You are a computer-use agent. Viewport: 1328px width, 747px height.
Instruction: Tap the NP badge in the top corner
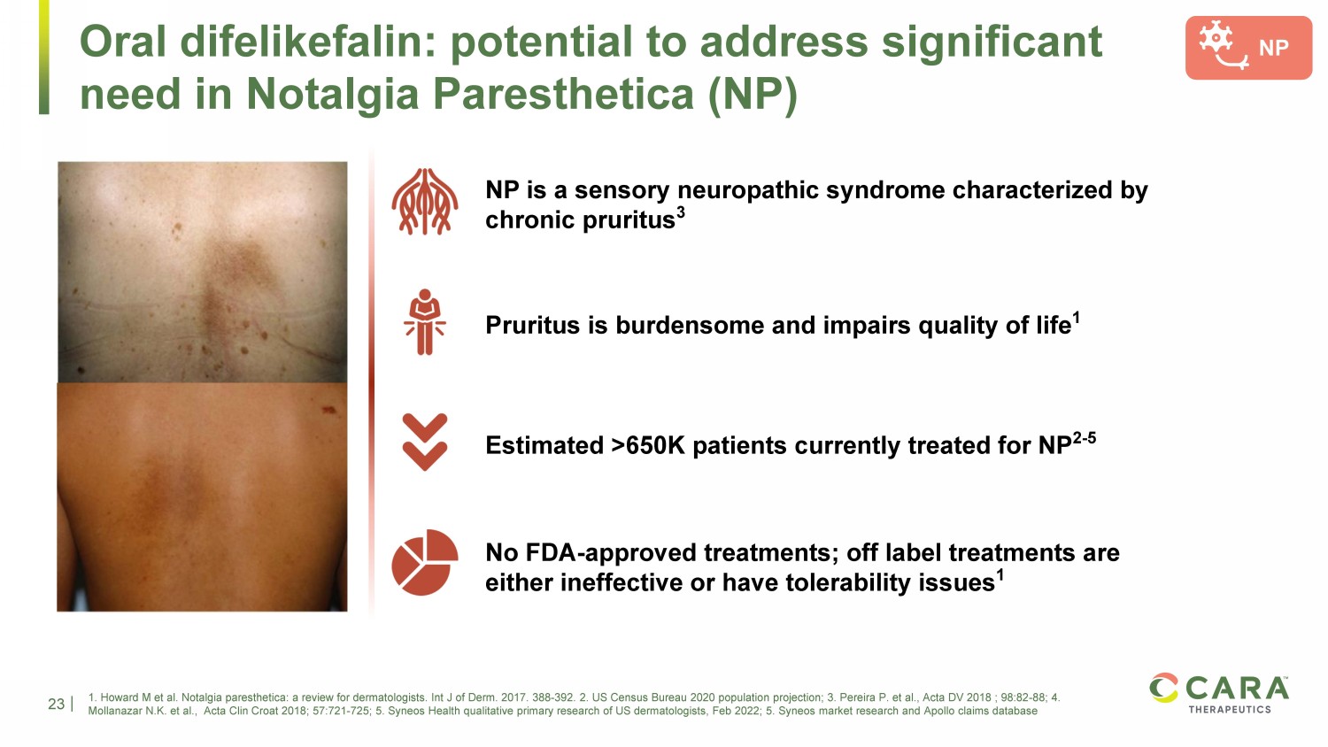point(1248,48)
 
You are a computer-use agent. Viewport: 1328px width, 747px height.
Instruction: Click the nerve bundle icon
point(424,202)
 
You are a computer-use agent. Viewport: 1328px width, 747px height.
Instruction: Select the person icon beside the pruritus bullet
point(424,322)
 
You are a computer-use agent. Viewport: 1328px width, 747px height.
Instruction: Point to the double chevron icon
point(424,442)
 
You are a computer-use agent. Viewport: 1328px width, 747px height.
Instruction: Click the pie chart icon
point(424,562)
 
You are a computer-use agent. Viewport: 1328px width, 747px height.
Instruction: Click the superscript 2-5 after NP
point(1084,438)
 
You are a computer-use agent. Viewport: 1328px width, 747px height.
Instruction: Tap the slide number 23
point(57,704)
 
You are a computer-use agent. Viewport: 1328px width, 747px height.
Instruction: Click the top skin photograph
point(202,272)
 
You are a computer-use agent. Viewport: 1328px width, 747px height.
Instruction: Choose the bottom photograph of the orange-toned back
point(202,497)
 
